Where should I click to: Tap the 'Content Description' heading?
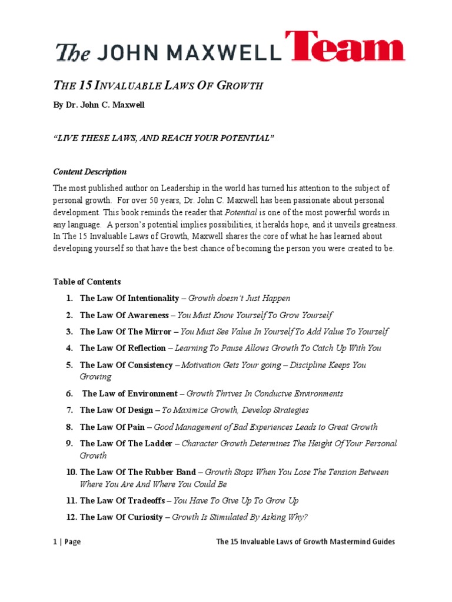(90, 172)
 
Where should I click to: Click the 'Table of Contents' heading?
(87, 282)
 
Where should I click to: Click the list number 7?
(69, 410)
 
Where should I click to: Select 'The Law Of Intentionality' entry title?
(129, 298)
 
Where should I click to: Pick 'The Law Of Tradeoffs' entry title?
(122, 500)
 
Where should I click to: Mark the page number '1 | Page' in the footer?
(67, 541)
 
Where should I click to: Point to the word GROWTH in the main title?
(238, 86)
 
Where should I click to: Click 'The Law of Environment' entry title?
(129, 393)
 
